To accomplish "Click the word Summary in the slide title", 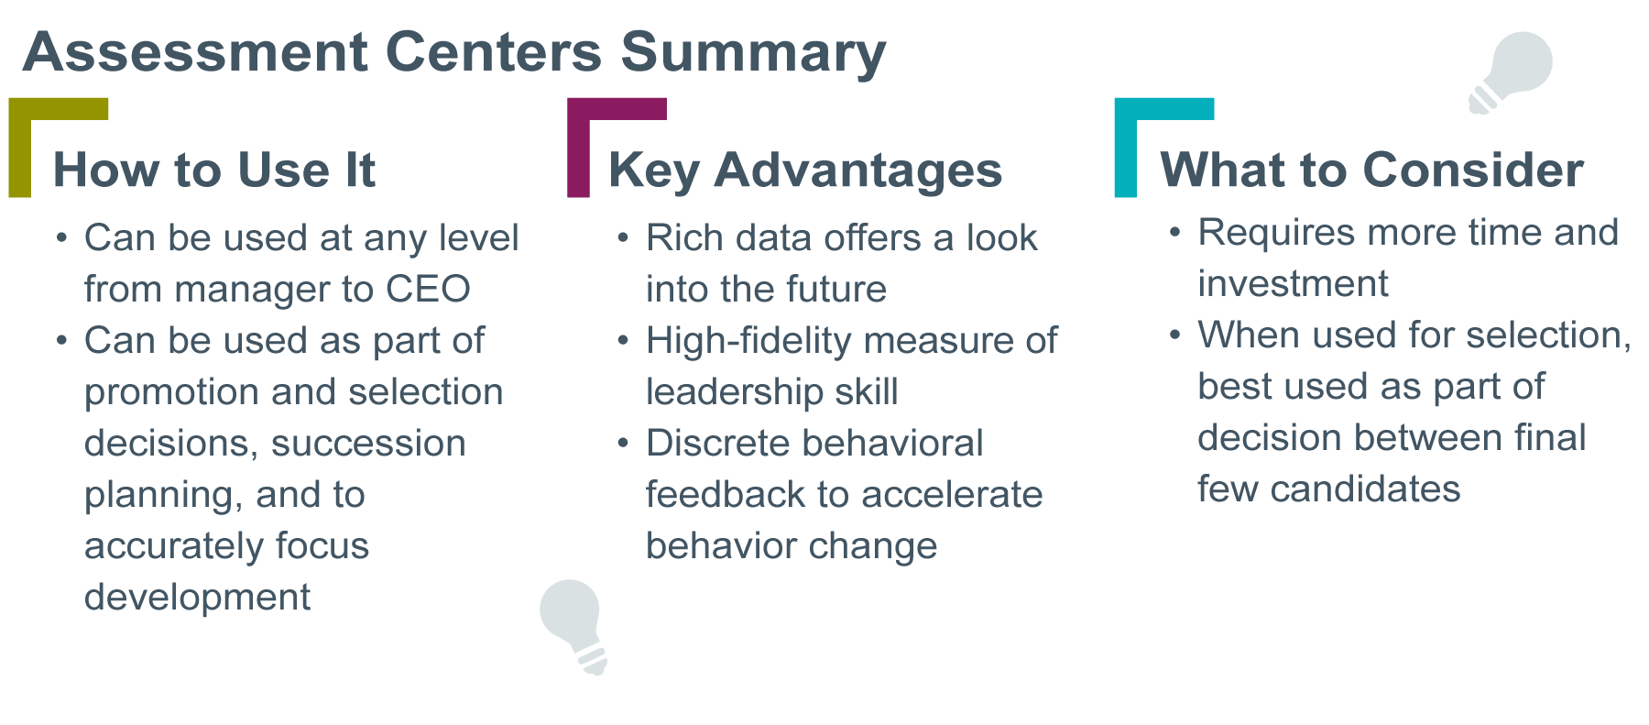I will point(753,52).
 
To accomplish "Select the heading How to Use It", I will point(214,170).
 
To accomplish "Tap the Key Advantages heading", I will point(805,170).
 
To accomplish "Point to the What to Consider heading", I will point(1371,170).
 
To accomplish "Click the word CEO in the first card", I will point(428,290).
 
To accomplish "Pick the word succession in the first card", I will point(369,444).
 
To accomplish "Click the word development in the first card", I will point(197,598).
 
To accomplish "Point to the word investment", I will point(1293,284).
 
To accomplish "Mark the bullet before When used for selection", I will point(1174,335).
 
